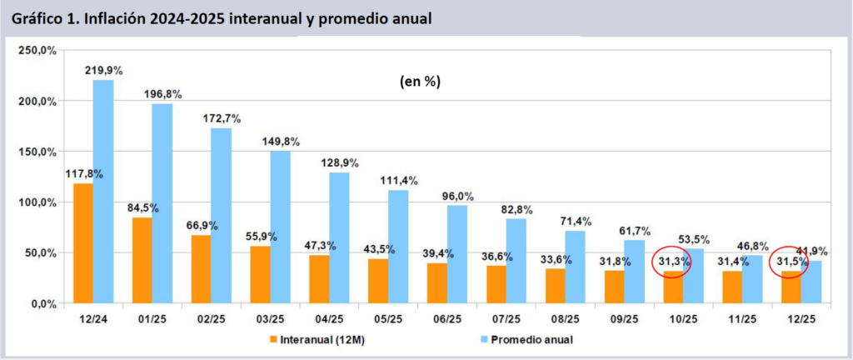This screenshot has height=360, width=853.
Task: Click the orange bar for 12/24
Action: click(x=83, y=242)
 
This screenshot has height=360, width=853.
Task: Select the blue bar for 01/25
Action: click(x=162, y=203)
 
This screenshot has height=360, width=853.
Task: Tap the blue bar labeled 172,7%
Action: click(x=221, y=216)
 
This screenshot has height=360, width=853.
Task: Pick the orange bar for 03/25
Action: click(x=260, y=275)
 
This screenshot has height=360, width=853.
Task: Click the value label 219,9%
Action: click(x=103, y=71)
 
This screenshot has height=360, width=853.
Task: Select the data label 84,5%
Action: click(x=142, y=207)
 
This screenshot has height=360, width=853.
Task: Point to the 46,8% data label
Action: click(x=755, y=246)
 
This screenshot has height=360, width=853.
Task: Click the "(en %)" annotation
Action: click(x=417, y=82)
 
